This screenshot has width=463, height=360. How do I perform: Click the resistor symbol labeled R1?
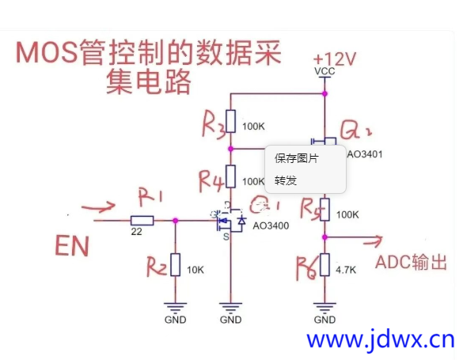tap(142, 221)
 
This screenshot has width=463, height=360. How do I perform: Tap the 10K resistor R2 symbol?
tap(176, 264)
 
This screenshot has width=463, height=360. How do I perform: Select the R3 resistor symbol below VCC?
tap(230, 121)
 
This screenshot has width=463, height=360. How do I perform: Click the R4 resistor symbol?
tap(230, 176)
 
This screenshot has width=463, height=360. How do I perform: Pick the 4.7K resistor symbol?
tap(324, 264)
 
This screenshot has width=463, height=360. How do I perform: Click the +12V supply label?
tap(332, 59)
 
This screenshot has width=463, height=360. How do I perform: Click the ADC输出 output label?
tap(415, 262)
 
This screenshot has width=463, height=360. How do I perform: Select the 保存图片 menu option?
tap(297, 158)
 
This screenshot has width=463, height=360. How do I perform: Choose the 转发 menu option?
tap(286, 180)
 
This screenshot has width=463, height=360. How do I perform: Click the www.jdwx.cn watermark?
tap(380, 341)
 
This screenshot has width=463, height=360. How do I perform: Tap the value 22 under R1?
tap(138, 232)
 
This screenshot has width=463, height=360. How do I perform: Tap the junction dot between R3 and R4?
tap(230, 148)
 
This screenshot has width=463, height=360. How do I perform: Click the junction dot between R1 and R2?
tap(176, 221)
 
